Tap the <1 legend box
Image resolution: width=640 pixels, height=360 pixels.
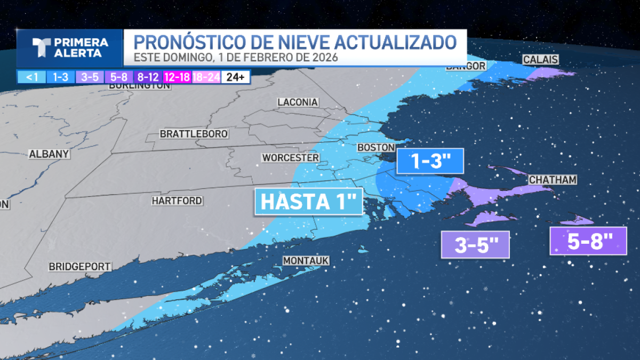[x=31, y=77]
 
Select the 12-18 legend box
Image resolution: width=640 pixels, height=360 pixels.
[x=178, y=77]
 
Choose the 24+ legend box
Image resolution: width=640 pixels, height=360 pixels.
[x=236, y=77]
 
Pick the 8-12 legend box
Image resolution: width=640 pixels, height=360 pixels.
[x=148, y=77]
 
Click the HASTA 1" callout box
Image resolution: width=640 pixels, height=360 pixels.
[x=309, y=202]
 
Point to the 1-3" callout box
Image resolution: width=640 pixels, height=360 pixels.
[x=429, y=161]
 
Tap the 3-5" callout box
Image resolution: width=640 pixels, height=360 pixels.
[x=475, y=245]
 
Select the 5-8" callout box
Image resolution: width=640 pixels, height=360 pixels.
[x=588, y=242]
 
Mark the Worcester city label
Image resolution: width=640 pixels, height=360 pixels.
[x=290, y=158]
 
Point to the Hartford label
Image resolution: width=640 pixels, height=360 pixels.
[x=177, y=201]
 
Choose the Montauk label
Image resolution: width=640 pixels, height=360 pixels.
[x=306, y=261]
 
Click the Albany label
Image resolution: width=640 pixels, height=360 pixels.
[x=49, y=154]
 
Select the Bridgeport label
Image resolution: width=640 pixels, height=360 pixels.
[x=79, y=266]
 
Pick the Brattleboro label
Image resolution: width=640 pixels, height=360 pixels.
[x=194, y=134]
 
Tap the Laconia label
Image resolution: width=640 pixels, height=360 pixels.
[x=298, y=102]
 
